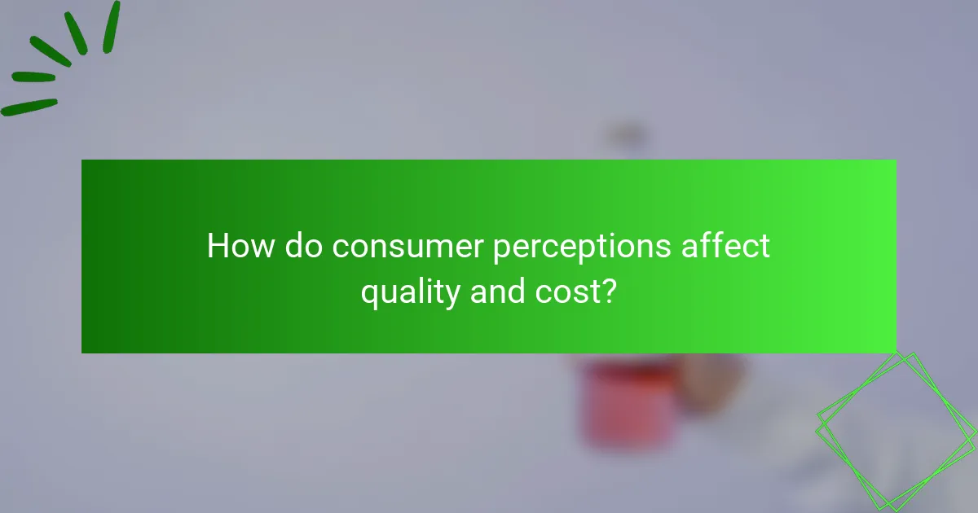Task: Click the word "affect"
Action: [725, 246]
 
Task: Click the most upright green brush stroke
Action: [111, 27]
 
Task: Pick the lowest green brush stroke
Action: [29, 107]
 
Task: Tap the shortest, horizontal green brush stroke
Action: [33, 77]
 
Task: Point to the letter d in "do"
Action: [294, 246]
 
